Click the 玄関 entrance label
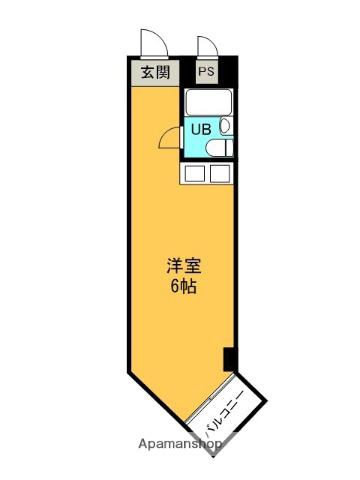pos(155,72)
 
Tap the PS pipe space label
pos(207,71)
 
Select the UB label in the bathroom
pos(201,129)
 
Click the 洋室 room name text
pos(184,266)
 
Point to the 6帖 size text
pos(183,286)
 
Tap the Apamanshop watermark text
pos(180,444)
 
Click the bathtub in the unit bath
pos(209,102)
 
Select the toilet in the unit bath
pos(219,148)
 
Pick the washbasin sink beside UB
pos(226,126)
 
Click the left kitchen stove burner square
pos(195,174)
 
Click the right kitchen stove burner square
pos(220,174)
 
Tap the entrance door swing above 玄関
pos(153,43)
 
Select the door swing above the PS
pos(208,46)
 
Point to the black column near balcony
pos(229,359)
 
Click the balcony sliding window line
pos(209,398)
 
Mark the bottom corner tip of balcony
pos(213,456)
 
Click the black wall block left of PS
pos(188,71)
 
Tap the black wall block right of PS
pos(228,71)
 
